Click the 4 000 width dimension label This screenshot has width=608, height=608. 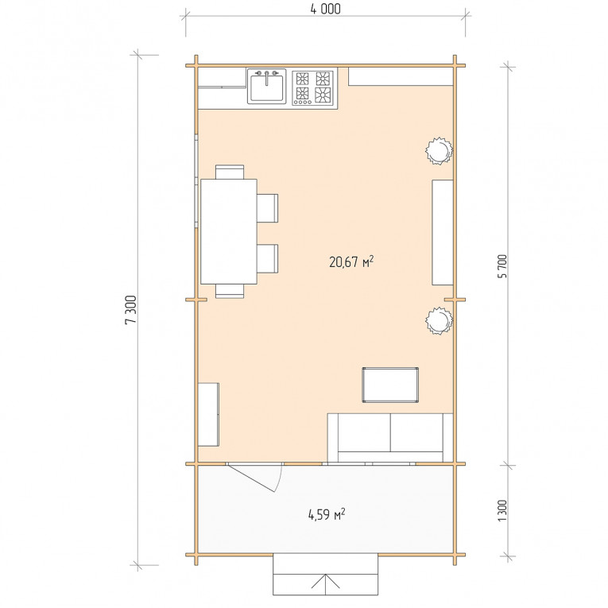click(x=325, y=9)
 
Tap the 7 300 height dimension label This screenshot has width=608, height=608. click(x=131, y=309)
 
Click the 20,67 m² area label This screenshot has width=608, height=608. click(x=351, y=261)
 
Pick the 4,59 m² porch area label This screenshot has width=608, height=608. click(x=327, y=514)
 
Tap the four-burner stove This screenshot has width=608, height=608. click(x=312, y=88)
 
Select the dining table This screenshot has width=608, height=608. click(x=229, y=231)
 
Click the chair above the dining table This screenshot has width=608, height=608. click(x=230, y=172)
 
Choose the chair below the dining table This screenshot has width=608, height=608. click(x=230, y=291)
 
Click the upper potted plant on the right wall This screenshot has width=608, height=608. click(x=440, y=150)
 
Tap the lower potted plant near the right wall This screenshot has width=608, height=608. click(x=440, y=320)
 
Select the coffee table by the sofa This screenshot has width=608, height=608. click(x=390, y=385)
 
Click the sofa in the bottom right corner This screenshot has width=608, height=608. click(x=390, y=438)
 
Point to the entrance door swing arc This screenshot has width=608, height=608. click(x=279, y=479)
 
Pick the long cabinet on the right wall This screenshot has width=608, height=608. click(x=443, y=232)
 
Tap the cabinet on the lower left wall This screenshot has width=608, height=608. click(x=208, y=415)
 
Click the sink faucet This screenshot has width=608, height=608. click(x=266, y=77)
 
